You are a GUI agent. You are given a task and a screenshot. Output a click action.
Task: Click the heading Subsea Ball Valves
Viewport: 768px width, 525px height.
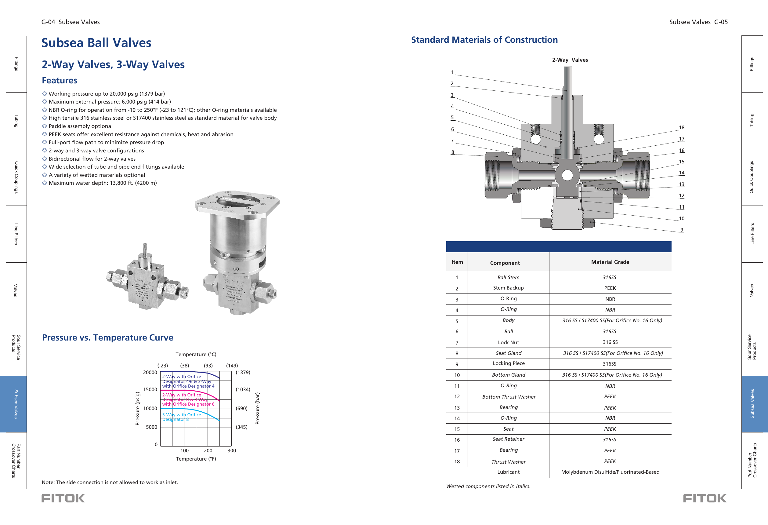click(96, 43)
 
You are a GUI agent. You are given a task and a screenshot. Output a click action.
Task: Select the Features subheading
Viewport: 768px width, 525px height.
click(60, 80)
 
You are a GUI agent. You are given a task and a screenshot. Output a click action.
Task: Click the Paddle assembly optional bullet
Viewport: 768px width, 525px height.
click(80, 126)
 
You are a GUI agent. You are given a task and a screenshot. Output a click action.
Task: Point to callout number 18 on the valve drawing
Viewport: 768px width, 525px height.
click(681, 127)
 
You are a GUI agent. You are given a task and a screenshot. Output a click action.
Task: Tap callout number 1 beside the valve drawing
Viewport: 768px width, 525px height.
click(452, 72)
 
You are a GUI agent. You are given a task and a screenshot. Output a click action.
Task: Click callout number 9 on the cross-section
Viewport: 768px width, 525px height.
click(681, 229)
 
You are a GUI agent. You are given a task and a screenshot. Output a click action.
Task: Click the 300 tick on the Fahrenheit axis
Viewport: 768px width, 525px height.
click(232, 450)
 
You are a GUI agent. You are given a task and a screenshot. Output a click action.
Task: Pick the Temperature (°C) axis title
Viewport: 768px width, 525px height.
click(196, 354)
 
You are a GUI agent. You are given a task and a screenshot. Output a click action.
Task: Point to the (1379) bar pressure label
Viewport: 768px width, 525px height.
click(243, 372)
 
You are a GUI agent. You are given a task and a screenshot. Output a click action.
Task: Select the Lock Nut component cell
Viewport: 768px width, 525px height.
click(508, 342)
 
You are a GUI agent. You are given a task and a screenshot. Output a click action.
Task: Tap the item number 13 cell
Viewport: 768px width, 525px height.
click(457, 408)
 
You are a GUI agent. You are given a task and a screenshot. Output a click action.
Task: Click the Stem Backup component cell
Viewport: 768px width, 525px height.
click(508, 288)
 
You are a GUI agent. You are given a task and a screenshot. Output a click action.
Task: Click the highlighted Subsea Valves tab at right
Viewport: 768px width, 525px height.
click(752, 404)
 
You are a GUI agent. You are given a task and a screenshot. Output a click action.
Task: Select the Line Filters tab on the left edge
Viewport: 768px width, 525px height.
click(16, 234)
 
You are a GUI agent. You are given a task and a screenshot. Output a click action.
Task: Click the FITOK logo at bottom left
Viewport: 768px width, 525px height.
click(63, 498)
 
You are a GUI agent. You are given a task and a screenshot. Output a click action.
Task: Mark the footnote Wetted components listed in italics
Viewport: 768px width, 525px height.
click(488, 486)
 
